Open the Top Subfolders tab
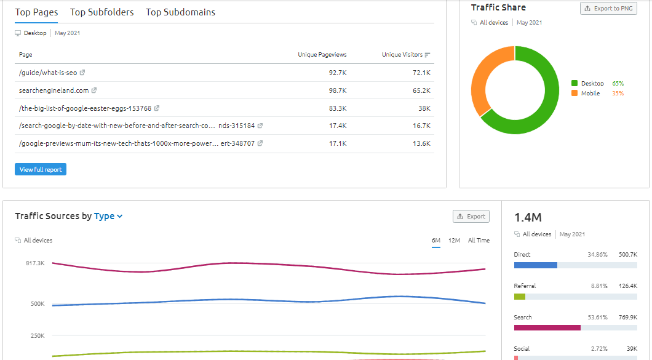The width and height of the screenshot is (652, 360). (101, 12)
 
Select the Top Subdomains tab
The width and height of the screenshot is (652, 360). (180, 12)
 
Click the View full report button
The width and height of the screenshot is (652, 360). (41, 169)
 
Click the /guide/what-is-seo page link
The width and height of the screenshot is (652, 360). (48, 73)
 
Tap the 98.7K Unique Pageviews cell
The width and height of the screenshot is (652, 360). (338, 90)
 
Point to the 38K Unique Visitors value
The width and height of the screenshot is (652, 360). (424, 108)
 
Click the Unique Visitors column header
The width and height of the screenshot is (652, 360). (402, 55)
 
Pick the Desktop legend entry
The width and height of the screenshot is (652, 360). (592, 83)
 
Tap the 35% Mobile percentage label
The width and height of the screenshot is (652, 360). (618, 94)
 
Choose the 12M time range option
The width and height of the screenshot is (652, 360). (455, 241)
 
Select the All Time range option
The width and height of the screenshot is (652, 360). (479, 241)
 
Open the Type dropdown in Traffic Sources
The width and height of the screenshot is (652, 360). (108, 216)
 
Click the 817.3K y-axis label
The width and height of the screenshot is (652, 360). (34, 263)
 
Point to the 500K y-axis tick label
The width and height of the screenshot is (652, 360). (38, 304)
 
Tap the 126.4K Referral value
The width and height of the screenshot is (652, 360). (627, 286)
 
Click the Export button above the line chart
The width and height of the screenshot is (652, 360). (471, 217)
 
